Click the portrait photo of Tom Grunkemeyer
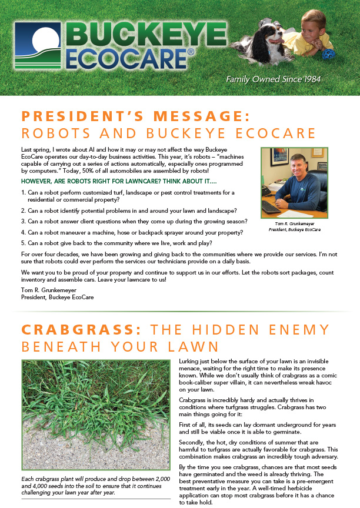click(x=294, y=182)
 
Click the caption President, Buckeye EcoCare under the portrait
click(x=294, y=229)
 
